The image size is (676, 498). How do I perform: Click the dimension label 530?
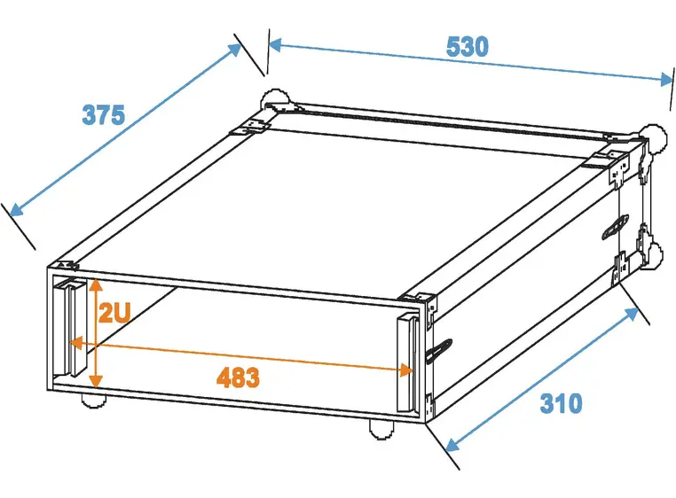pyautogui.click(x=467, y=47)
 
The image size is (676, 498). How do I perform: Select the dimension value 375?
pyautogui.click(x=104, y=115)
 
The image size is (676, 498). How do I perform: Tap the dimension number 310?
pyautogui.click(x=561, y=404)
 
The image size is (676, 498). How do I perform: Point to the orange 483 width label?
pyautogui.click(x=239, y=377)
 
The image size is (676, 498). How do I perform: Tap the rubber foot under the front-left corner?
pyautogui.click(x=92, y=400)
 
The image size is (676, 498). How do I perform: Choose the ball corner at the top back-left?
pyautogui.click(x=274, y=98)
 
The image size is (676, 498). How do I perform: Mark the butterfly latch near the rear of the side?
pyautogui.click(x=613, y=228)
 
